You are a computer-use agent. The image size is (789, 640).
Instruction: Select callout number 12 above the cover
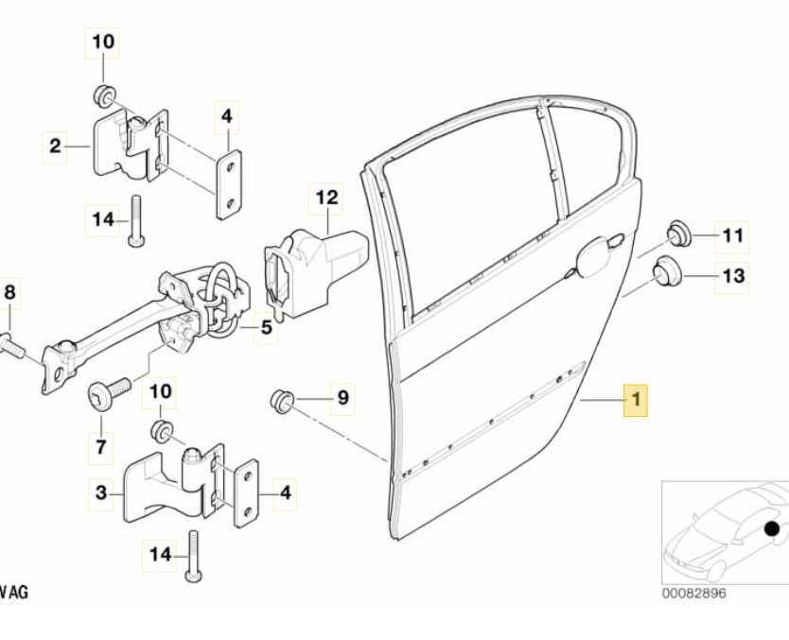(x=326, y=199)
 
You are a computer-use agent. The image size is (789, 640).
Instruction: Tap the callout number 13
(x=734, y=276)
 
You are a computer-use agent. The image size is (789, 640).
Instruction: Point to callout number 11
(x=733, y=235)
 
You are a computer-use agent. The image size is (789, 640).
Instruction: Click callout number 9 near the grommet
(x=342, y=399)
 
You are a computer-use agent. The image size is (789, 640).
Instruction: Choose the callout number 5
(x=266, y=329)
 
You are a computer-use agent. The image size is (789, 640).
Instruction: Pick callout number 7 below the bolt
(x=101, y=442)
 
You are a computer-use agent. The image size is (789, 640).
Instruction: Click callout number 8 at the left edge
(x=10, y=294)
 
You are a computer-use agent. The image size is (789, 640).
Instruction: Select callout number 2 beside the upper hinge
(x=55, y=146)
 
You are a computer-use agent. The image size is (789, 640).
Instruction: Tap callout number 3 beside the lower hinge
(x=102, y=492)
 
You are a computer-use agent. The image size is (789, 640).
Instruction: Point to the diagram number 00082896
(x=695, y=594)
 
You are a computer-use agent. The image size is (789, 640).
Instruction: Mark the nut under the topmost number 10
(x=103, y=95)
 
